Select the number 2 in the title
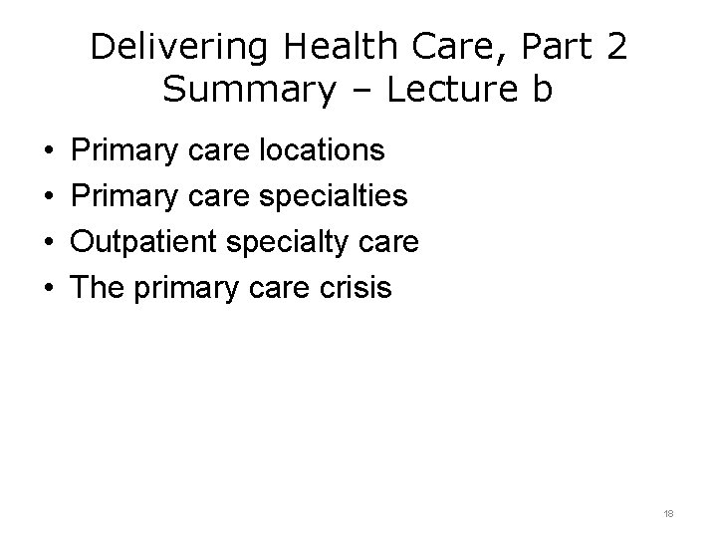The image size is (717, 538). pos(613,47)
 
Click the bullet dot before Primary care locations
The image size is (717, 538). pos(49,152)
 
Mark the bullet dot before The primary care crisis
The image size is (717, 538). pos(49,290)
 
